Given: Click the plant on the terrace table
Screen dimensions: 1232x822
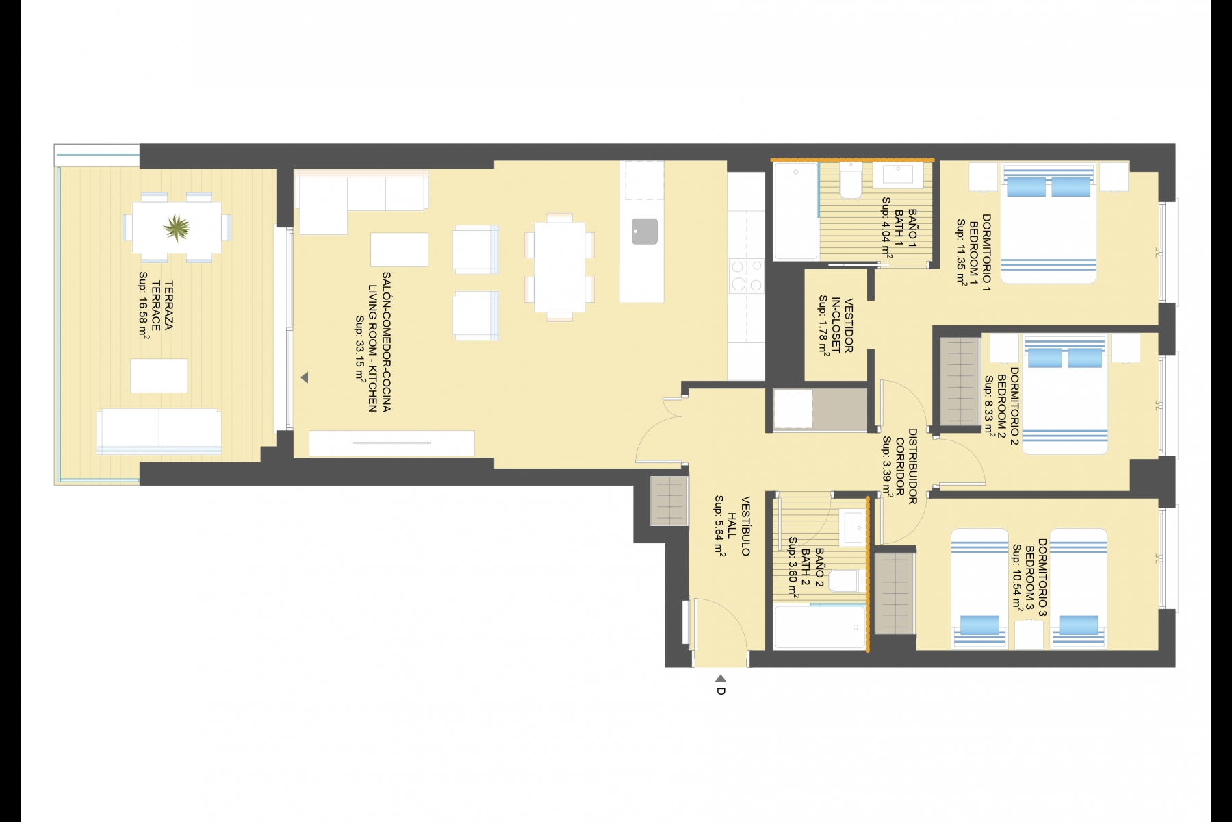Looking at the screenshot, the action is [177, 228].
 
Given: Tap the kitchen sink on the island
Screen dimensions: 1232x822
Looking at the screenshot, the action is [645, 232].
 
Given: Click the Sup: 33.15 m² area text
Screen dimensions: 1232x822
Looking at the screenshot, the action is [359, 348].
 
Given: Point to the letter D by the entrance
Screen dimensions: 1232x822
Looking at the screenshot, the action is [721, 691].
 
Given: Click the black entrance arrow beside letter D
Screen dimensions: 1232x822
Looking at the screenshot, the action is [721, 679].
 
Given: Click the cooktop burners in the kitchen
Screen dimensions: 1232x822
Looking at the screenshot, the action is [747, 276].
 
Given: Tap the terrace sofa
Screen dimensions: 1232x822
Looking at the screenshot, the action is [159, 432].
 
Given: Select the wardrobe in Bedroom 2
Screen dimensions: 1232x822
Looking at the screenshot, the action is [960, 382].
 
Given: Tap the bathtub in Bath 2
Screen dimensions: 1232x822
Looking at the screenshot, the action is [819, 626].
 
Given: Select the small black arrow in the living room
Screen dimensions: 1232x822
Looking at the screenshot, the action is [305, 377].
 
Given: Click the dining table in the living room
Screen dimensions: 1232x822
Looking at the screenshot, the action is [559, 267].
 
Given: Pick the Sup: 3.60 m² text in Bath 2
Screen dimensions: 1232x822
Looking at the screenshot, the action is [793, 568].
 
